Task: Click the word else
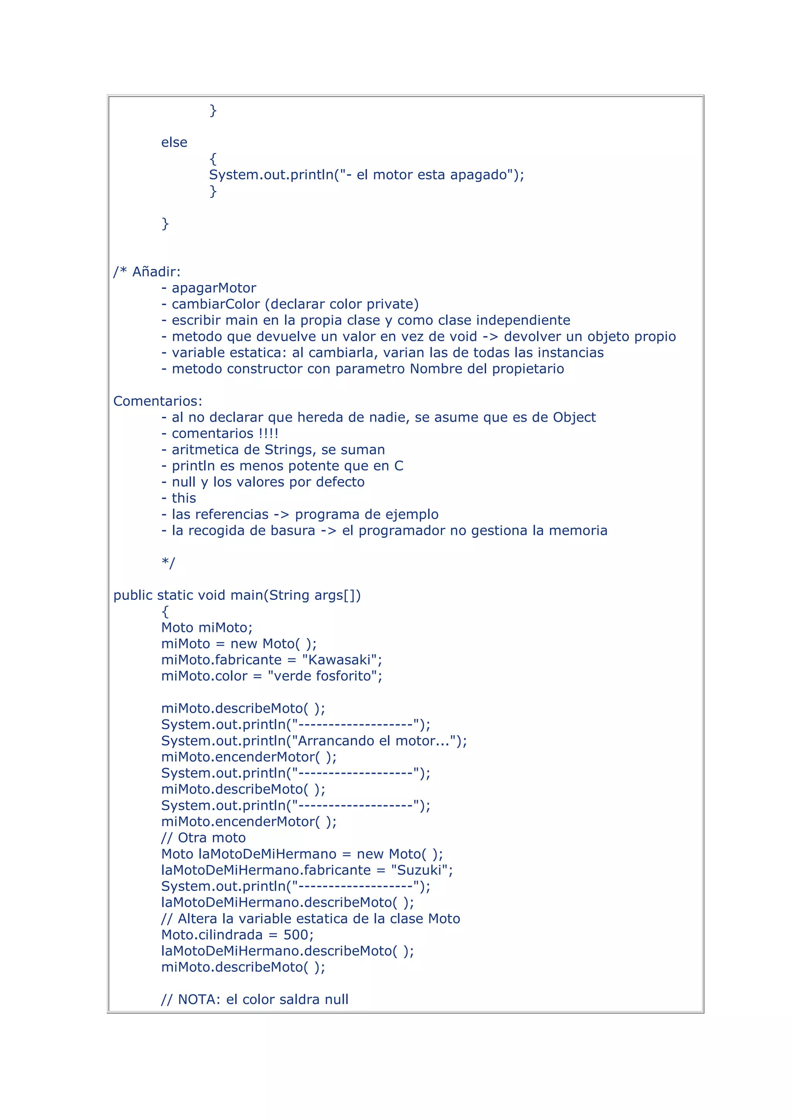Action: pos(174,142)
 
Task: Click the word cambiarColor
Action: pos(215,304)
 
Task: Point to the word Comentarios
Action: pos(157,401)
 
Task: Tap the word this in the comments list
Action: pos(184,498)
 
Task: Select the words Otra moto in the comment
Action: pos(212,838)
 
